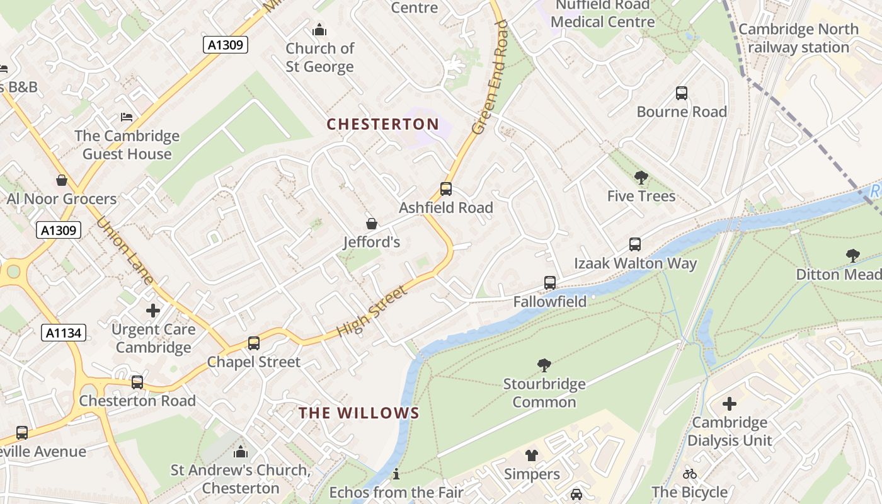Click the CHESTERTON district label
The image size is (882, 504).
point(382,124)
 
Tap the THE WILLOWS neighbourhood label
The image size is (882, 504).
point(358,413)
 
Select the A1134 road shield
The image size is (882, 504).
point(64,333)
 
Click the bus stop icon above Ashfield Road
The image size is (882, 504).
point(445,189)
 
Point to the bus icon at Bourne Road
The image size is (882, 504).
point(681,93)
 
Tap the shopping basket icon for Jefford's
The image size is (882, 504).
point(372,224)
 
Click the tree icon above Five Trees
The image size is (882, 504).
point(641,178)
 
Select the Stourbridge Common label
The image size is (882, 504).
point(544,393)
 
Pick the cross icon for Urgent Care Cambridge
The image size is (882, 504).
point(153,311)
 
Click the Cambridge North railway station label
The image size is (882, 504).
point(798,38)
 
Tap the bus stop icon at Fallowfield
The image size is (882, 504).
point(550,283)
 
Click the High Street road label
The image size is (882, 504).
point(371,311)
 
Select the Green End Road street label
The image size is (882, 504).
point(491,77)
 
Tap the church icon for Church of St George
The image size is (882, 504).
point(319,30)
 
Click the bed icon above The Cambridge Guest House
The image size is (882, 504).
point(127,117)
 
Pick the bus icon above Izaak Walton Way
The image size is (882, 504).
point(635,244)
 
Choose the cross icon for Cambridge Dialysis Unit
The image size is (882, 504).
point(730,404)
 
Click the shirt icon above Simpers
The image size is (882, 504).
point(532,455)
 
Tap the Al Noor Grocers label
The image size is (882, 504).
point(62,199)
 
